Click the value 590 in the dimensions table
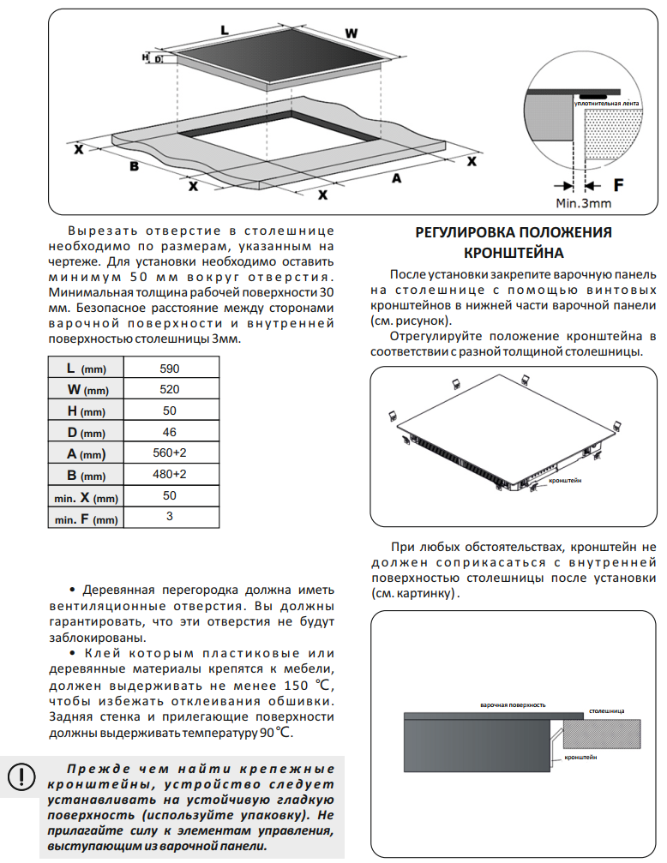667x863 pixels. (170, 368)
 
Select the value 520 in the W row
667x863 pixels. (170, 389)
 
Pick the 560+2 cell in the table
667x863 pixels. (170, 453)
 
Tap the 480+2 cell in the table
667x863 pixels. (170, 474)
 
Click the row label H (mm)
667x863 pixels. (85, 411)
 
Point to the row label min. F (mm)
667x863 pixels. (85, 518)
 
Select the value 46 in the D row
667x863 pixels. (170, 432)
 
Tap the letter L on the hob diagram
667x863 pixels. (225, 30)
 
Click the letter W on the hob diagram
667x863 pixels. (351, 33)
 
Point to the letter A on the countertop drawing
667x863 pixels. (396, 178)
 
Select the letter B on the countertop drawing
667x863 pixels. (134, 165)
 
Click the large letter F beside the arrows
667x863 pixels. (618, 184)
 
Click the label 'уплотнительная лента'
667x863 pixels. (607, 104)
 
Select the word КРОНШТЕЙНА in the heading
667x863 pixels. (514, 253)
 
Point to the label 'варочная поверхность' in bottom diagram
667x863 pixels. (513, 704)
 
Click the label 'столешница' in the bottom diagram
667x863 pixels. (606, 711)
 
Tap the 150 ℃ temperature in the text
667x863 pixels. (305, 685)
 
